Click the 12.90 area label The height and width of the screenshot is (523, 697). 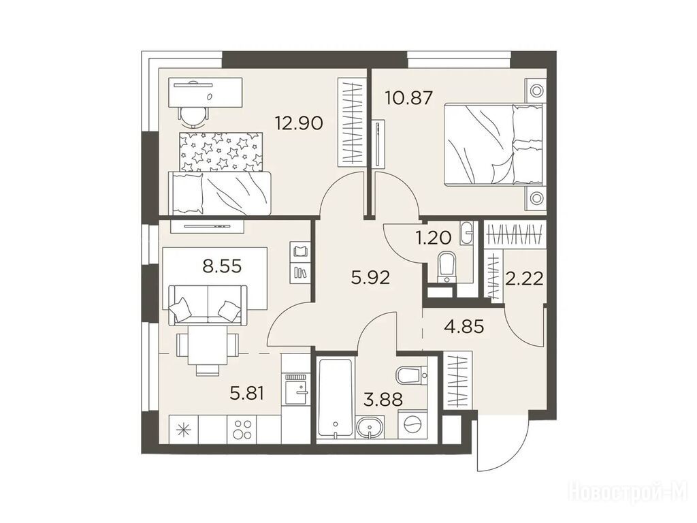click(298, 123)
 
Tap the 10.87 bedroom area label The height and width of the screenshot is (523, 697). click(408, 97)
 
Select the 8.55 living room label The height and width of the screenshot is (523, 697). click(222, 266)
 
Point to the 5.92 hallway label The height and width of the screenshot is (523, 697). click(370, 278)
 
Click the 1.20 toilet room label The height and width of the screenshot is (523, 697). click(433, 238)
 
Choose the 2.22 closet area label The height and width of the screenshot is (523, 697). click(525, 279)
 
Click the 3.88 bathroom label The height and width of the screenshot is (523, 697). click(383, 399)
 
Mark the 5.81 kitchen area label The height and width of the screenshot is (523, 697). click(247, 393)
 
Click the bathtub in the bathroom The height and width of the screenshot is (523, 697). click(335, 397)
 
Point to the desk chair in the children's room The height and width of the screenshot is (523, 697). click(194, 114)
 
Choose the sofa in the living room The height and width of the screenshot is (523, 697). click(208, 305)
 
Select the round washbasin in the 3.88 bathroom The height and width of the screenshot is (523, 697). click(369, 428)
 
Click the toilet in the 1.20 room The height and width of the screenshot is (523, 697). click(445, 267)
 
